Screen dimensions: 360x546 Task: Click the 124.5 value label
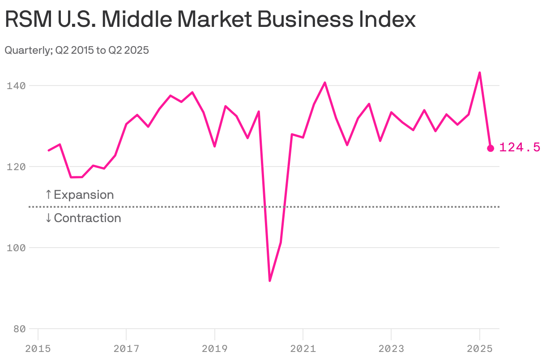click(520, 147)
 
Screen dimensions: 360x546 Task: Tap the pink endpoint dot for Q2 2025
click(491, 148)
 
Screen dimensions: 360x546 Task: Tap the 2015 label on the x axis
click(38, 348)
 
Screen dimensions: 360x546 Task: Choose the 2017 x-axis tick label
click(126, 348)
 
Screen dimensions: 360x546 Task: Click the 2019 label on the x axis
click(214, 348)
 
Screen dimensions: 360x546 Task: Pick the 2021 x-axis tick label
click(303, 348)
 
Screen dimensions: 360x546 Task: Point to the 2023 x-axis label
click(391, 348)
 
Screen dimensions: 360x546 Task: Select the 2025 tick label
click(479, 348)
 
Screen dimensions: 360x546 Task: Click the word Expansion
click(84, 195)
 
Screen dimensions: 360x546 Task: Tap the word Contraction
click(87, 218)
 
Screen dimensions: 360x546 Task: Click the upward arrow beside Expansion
click(48, 195)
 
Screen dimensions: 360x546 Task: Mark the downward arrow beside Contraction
click(48, 218)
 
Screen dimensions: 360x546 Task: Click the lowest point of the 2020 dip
click(270, 281)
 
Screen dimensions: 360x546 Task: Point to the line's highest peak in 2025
click(479, 73)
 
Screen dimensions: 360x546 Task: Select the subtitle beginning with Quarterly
click(77, 50)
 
